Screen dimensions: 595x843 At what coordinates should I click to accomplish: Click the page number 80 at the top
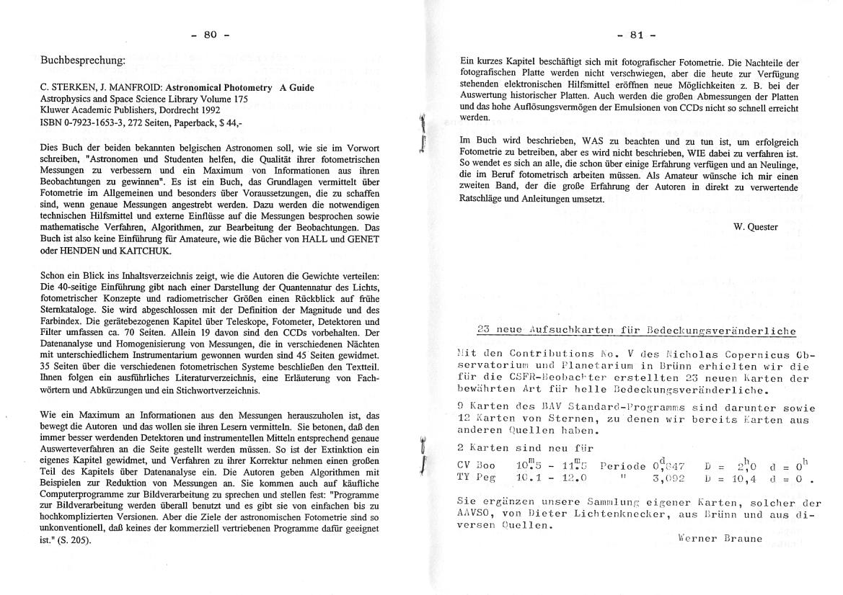(x=210, y=35)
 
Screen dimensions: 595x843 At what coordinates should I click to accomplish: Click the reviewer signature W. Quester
(x=755, y=227)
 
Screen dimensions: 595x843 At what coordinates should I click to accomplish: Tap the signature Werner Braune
(x=720, y=538)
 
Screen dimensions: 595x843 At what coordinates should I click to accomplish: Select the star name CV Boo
(x=474, y=465)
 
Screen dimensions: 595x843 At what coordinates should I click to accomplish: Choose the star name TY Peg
(x=474, y=477)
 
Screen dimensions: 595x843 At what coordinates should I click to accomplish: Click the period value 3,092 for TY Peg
(x=668, y=477)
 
